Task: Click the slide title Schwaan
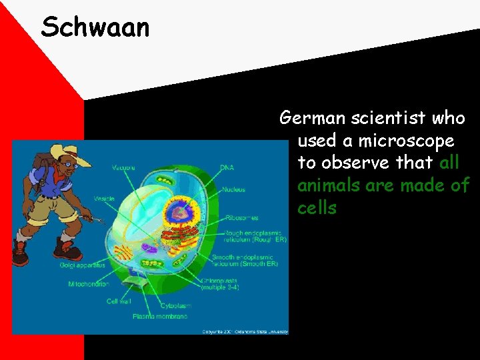coord(95,27)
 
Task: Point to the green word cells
coord(317,208)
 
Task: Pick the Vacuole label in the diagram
coord(123,167)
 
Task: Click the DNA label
coord(227,167)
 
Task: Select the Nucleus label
coord(233,189)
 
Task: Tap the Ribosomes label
coord(241,217)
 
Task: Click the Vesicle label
coord(103,199)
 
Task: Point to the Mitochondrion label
coord(89,284)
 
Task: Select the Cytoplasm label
coord(174,306)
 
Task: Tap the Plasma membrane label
coord(160,316)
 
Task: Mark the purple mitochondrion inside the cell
coord(148,248)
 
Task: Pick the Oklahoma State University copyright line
coord(245,331)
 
